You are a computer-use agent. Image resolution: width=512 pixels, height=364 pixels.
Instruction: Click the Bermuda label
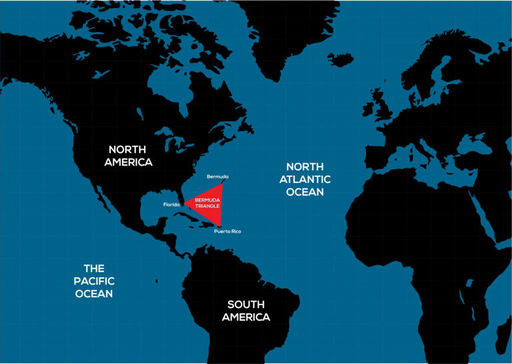click(x=217, y=176)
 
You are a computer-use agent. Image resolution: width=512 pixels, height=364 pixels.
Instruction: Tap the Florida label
click(x=171, y=204)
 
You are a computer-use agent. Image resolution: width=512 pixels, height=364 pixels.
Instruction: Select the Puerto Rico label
click(x=227, y=231)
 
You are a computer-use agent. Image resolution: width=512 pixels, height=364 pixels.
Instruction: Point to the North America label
click(x=131, y=156)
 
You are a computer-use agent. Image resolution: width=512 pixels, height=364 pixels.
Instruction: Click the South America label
click(x=246, y=311)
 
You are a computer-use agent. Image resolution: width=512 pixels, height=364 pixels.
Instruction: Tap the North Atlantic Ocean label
click(x=305, y=179)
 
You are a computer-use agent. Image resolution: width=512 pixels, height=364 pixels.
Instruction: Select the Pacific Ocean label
click(x=93, y=281)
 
